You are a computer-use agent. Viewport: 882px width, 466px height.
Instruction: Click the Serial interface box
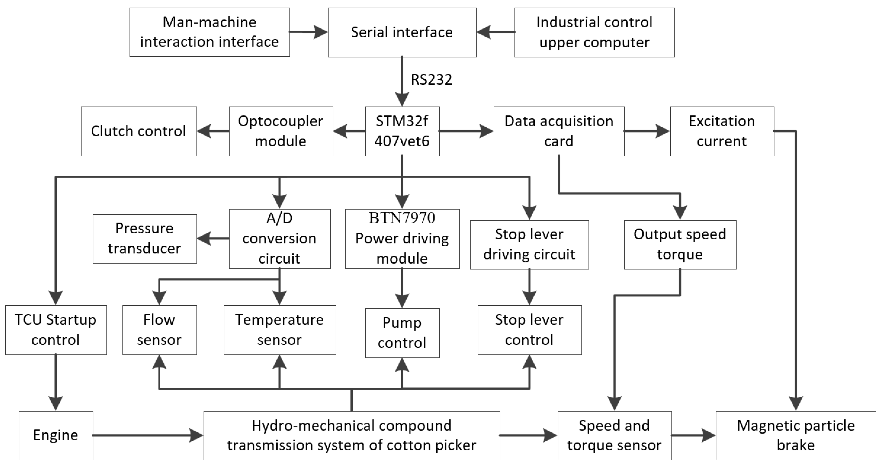(402, 32)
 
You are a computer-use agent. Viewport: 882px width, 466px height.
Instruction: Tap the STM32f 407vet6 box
(402, 131)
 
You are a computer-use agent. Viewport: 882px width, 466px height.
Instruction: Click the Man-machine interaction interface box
(209, 32)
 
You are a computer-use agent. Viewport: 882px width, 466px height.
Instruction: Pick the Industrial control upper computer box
(594, 32)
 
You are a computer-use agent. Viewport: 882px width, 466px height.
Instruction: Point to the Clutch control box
(139, 131)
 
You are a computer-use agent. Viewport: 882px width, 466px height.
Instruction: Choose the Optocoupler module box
(281, 131)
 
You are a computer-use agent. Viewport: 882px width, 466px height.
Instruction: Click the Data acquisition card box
(559, 131)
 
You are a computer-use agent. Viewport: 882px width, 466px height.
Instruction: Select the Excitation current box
(722, 131)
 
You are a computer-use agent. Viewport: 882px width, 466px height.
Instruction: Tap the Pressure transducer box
(145, 239)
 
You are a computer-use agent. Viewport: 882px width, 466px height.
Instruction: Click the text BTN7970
(402, 218)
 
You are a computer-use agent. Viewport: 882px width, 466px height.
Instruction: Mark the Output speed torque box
(680, 245)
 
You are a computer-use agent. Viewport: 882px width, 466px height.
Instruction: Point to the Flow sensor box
(160, 330)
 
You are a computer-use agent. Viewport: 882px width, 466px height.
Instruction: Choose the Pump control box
(402, 333)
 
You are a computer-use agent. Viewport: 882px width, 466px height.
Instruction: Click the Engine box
(56, 435)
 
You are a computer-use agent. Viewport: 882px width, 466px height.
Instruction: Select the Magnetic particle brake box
(796, 435)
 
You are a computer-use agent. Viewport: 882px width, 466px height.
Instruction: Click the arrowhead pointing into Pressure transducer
(204, 239)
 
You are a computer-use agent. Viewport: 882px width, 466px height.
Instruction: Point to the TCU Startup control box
(56, 330)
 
